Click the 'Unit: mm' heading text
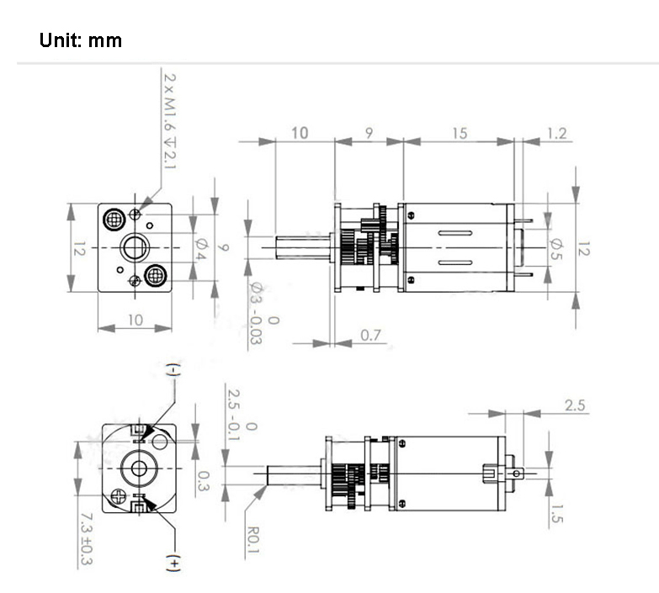pos(81,40)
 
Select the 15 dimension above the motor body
pos(460,133)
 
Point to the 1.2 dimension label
pos(557,133)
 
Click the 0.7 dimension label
pos(370,335)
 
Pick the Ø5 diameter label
pos(556,249)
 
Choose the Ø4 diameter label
pos(201,249)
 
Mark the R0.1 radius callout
pos(253,540)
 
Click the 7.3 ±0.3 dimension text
pos(87,538)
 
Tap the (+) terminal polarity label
pos(174,563)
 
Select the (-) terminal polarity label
pos(174,369)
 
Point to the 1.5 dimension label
pos(556,513)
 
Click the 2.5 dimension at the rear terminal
pos(575,405)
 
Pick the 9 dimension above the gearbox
pos(369,133)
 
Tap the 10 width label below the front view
pos(135,320)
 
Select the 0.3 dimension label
pos(204,481)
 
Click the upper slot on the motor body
pos(455,233)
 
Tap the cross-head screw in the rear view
pos(119,496)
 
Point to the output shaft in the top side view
pos(303,247)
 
